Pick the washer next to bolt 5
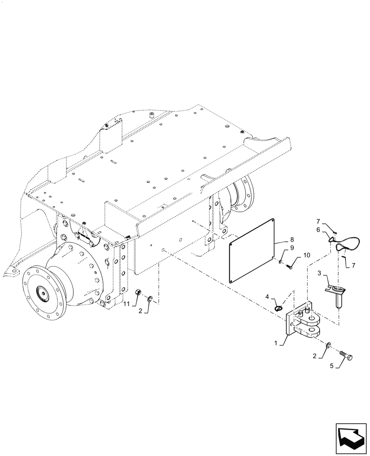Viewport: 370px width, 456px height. pos(329,346)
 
